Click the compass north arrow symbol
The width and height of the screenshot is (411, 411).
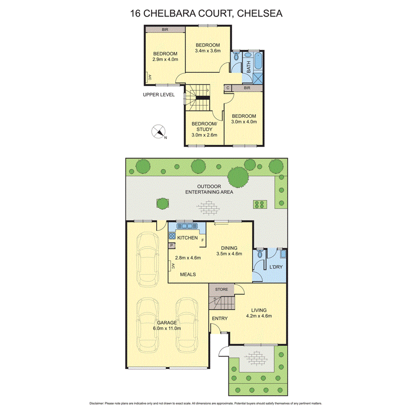point(159,131)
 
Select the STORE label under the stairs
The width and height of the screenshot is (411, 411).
point(221,290)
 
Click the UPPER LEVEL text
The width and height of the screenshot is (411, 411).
point(159,95)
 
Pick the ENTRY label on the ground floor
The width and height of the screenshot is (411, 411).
point(220,318)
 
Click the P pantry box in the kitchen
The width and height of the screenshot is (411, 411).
point(172,245)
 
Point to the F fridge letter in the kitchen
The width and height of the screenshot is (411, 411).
point(202,240)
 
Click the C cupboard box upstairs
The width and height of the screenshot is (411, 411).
point(228,88)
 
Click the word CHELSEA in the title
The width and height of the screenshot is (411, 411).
point(259,13)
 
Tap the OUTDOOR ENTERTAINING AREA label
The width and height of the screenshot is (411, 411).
point(209,189)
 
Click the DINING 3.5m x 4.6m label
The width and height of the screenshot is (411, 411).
point(229,250)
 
